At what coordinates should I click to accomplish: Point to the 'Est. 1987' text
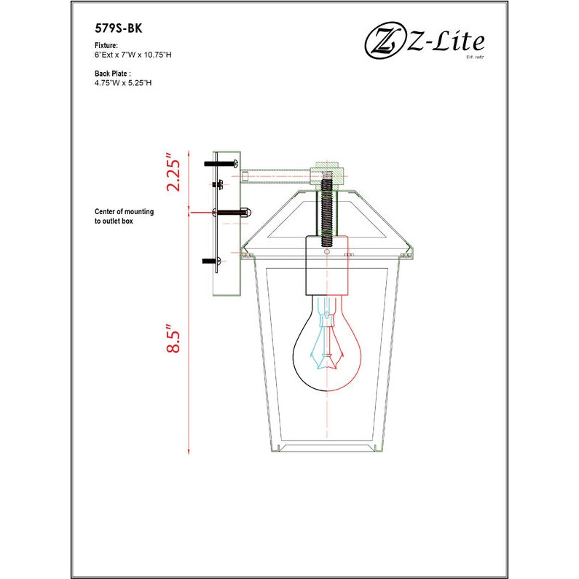click(474, 57)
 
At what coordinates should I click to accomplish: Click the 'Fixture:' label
click(106, 45)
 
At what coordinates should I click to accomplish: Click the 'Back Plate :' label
click(113, 74)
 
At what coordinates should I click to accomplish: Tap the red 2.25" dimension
click(173, 172)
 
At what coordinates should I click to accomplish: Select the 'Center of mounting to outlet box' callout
click(124, 216)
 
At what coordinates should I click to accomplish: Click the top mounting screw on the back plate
click(222, 164)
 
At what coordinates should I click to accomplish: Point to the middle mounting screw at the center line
click(231, 212)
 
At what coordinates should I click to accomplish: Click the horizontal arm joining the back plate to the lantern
click(277, 174)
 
